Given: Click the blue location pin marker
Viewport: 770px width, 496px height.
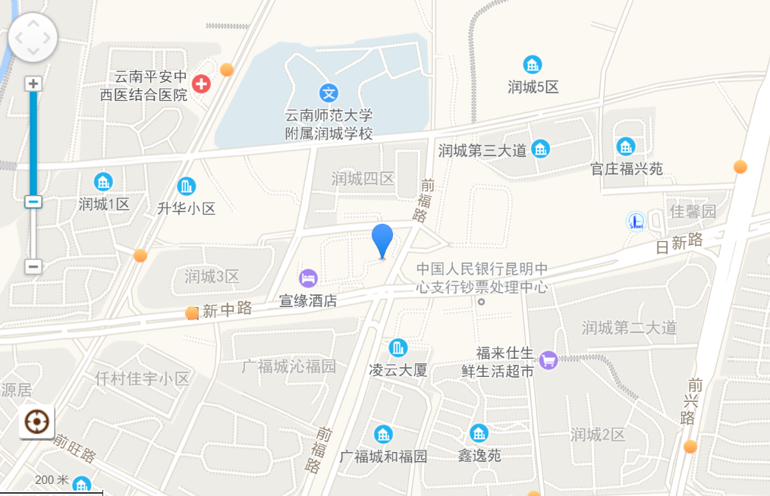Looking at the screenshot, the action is (x=382, y=239).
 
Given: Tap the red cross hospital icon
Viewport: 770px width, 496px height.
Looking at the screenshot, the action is (x=201, y=83).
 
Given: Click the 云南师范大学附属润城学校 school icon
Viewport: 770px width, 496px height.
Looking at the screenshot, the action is (x=328, y=93).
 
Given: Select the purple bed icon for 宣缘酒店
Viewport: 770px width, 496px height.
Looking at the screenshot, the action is (x=308, y=278).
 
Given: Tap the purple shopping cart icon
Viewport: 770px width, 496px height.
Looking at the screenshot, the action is (x=548, y=360).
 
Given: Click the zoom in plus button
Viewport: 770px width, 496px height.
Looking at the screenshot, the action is (x=33, y=83).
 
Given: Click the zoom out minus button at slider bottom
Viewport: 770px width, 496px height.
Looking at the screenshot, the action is (x=33, y=266).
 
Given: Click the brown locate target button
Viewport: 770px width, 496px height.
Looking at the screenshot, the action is (x=36, y=422).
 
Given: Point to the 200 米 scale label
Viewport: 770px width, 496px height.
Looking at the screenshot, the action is (x=52, y=480).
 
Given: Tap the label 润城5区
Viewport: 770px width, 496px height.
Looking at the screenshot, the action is (x=533, y=87).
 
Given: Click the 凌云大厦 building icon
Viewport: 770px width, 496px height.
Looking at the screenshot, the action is (x=398, y=348).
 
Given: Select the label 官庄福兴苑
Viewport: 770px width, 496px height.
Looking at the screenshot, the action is (x=627, y=168).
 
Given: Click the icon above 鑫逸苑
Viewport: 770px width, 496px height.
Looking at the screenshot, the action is (x=479, y=434).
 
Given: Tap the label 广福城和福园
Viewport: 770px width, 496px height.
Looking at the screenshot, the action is (x=383, y=457).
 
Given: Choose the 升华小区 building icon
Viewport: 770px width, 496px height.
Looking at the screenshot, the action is (x=186, y=186).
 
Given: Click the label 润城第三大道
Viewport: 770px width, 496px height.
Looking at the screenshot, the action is (x=482, y=150).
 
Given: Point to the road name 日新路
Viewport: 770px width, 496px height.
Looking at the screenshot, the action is (x=679, y=243).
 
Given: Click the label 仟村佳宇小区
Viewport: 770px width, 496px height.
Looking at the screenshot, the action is (x=142, y=378).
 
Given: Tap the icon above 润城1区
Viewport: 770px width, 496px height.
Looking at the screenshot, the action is (x=103, y=182).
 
